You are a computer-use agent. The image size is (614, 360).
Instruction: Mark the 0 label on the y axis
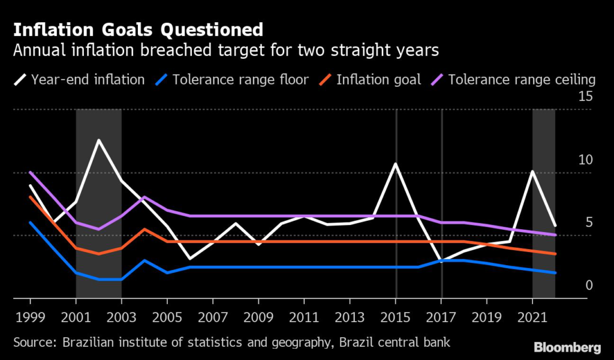coord(589,285)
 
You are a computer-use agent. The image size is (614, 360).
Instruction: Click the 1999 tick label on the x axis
coord(30,316)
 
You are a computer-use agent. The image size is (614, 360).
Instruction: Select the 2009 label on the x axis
coord(258,316)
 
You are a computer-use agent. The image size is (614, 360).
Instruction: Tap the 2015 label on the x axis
coord(396,316)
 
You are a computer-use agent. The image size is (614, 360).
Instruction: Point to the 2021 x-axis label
coord(532,316)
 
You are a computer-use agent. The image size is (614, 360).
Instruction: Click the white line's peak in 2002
coord(98,140)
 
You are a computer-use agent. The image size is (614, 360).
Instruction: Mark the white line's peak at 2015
coord(396,164)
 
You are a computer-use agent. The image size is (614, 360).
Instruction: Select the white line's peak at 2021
coord(532,172)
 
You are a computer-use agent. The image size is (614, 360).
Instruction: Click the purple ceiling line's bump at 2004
coord(145,197)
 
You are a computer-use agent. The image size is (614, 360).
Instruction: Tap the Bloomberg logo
coord(567,347)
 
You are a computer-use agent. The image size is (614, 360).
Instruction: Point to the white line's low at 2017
coord(441,262)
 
